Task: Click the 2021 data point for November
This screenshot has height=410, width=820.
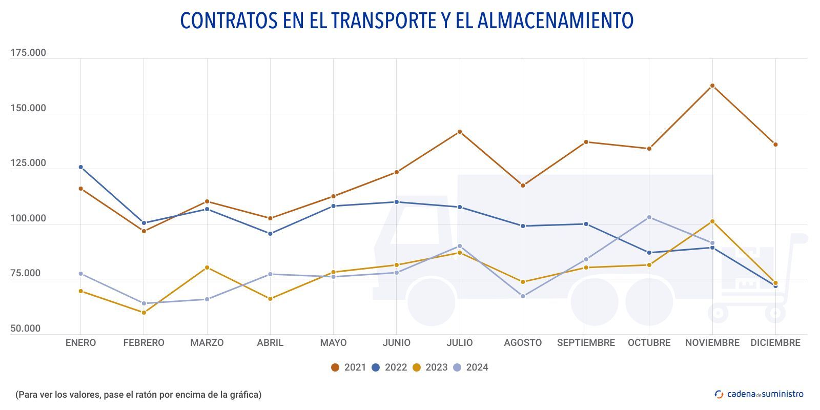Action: (712, 86)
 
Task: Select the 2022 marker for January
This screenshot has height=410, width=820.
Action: (80, 167)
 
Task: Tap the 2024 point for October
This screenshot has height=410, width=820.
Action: (649, 217)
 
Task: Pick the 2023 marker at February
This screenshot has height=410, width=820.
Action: (144, 313)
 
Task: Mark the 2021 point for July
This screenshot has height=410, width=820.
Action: (460, 132)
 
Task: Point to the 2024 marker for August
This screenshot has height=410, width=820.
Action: (523, 296)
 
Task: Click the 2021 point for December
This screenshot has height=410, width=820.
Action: (775, 145)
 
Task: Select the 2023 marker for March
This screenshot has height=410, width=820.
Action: (207, 268)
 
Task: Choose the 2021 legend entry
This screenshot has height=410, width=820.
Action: (348, 367)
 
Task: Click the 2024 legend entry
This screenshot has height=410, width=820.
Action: (470, 367)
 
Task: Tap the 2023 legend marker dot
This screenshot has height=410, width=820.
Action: (417, 367)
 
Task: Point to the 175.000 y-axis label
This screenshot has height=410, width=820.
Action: (28, 53)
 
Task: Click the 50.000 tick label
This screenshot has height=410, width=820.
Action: (26, 329)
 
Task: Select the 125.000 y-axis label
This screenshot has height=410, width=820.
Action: (28, 163)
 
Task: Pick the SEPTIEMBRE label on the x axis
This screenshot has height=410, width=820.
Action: (586, 343)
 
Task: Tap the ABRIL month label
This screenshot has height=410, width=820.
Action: (270, 343)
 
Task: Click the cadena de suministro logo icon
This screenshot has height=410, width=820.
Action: (719, 394)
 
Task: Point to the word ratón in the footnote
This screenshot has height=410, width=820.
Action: (147, 395)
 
